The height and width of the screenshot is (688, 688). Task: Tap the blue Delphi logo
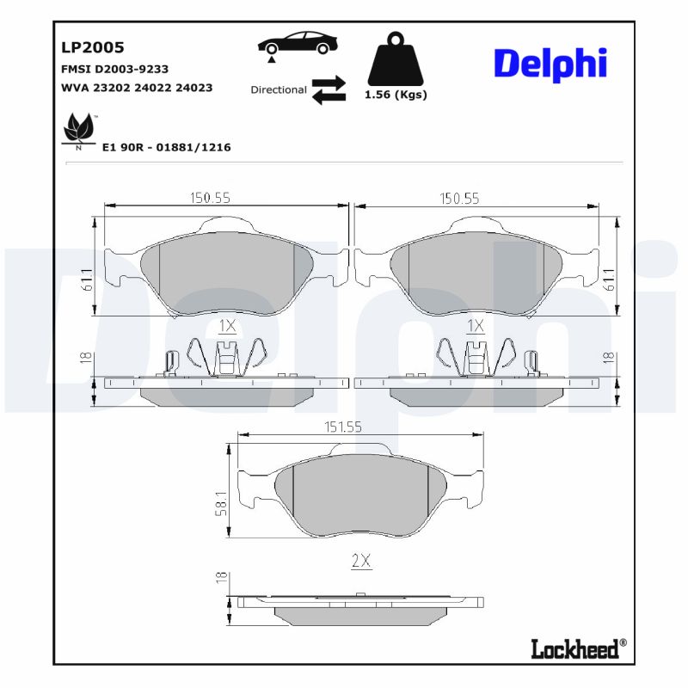[x=550, y=64]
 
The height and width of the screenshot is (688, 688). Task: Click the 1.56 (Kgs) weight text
[x=396, y=95]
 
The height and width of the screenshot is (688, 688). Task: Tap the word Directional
[x=279, y=89]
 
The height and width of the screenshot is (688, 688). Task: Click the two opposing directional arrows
[x=328, y=89]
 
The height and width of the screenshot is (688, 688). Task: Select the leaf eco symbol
[x=79, y=130]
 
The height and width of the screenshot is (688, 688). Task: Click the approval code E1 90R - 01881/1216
[x=166, y=147]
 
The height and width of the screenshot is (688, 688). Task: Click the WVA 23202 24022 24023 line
[x=137, y=88]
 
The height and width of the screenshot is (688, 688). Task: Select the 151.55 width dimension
[x=360, y=425]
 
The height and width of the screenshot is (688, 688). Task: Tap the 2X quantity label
[x=360, y=561]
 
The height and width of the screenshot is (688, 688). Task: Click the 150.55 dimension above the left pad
[x=210, y=198]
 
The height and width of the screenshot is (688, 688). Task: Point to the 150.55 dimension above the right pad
[x=459, y=198]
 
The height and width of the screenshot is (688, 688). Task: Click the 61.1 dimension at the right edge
[x=609, y=279]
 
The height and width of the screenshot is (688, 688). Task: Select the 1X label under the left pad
[x=227, y=326]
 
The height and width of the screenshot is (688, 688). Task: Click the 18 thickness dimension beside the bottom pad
[x=222, y=578]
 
